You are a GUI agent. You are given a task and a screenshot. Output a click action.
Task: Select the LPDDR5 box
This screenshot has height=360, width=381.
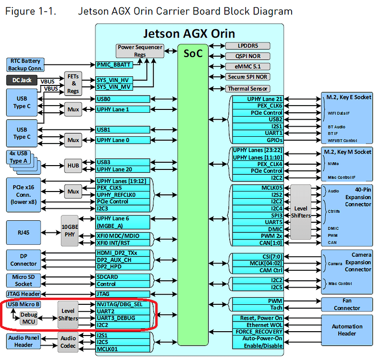coord(247,46)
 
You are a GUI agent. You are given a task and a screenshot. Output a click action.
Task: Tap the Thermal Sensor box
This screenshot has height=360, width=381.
coord(247,89)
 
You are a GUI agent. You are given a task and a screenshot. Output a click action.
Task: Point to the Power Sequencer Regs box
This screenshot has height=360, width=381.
coord(140,51)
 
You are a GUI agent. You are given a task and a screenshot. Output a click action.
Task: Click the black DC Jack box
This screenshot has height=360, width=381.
coord(23,80)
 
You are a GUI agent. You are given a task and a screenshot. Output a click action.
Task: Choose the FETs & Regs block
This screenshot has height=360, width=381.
coord(73,84)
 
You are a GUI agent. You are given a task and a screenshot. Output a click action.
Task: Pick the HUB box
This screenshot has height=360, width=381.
coord(73,166)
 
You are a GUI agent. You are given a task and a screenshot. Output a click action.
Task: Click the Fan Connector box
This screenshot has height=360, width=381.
coord(347,304)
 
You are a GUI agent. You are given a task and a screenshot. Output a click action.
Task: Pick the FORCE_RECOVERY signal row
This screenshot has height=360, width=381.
coord(258,332)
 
